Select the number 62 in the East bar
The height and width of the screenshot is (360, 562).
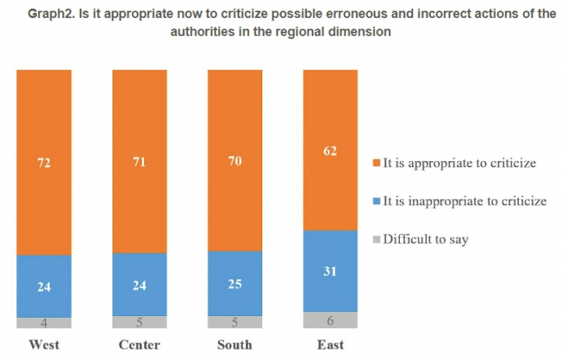(331, 151)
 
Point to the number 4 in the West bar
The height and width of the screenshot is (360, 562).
(44, 323)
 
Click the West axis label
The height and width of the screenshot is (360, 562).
(44, 345)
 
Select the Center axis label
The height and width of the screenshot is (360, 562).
(139, 345)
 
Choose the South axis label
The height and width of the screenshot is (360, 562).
(235, 345)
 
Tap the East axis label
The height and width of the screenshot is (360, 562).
(331, 345)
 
